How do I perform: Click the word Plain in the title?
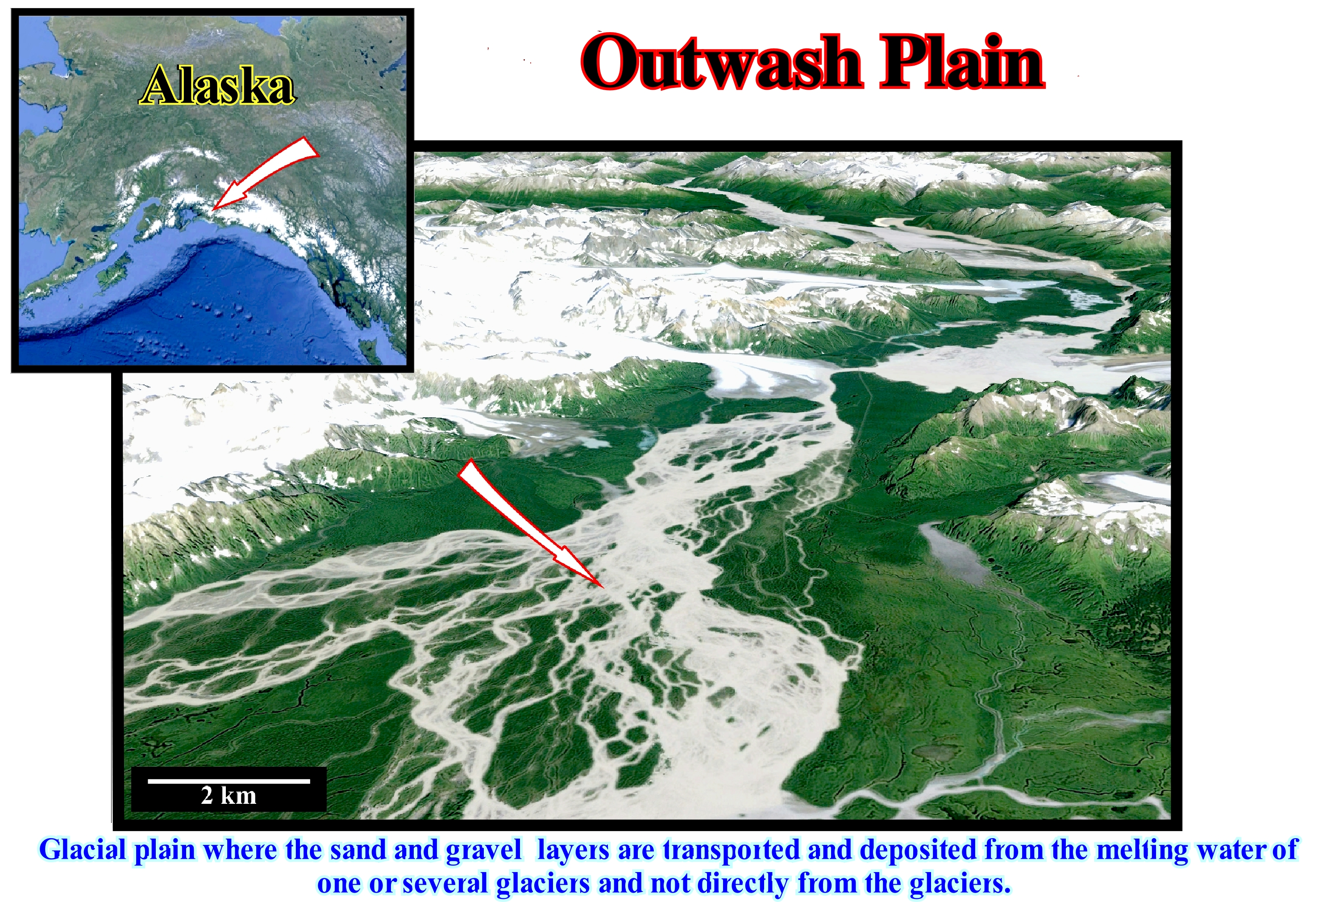tap(962, 61)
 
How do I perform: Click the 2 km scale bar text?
tap(229, 796)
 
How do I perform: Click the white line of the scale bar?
tap(229, 781)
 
